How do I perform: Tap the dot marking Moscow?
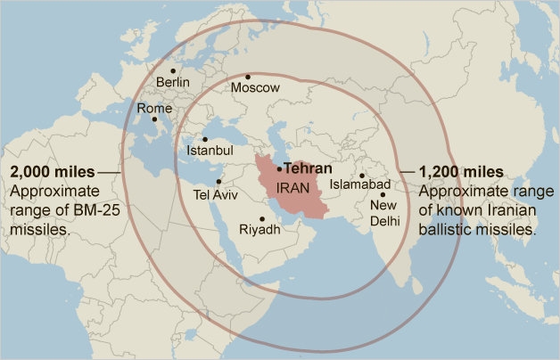(248, 77)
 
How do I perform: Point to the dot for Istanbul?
(204, 139)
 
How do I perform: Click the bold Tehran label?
(308, 168)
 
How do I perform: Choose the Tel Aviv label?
(216, 194)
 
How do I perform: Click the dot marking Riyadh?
(262, 218)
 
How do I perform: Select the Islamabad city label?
(359, 184)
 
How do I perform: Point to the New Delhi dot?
(383, 194)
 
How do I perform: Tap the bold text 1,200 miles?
(460, 171)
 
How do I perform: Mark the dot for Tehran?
(279, 168)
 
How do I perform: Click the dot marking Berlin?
(173, 70)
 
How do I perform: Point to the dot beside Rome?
(154, 119)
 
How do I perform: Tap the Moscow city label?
(255, 88)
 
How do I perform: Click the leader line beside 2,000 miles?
(108, 171)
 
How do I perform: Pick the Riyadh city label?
(260, 230)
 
